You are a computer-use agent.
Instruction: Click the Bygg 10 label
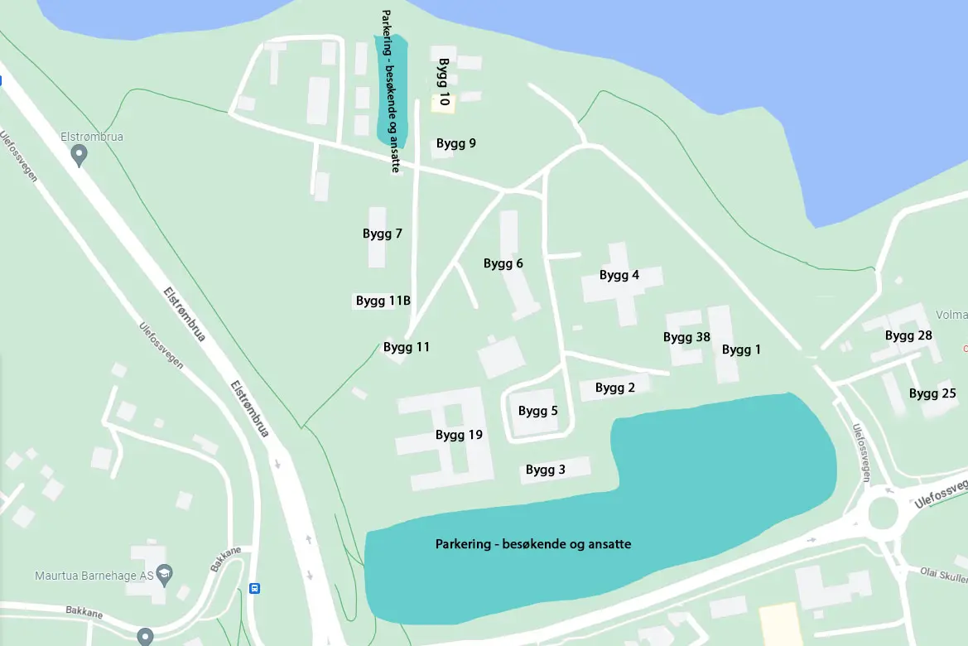pos(444,82)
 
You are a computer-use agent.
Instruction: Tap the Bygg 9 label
pos(456,143)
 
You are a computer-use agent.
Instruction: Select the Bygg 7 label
pos(383,234)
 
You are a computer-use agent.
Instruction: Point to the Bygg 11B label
pos(383,301)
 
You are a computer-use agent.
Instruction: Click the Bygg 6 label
pos(503,263)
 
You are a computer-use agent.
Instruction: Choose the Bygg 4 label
pos(619,275)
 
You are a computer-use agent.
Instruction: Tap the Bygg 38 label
pos(686,337)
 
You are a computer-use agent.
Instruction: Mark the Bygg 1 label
pos(741,350)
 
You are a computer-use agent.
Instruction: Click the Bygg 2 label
pos(615,388)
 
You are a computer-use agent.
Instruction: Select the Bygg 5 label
pos(538,411)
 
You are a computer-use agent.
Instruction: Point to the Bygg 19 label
pos(459,435)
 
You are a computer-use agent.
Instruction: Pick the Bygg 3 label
pos(546,470)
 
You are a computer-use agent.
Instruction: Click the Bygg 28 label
pos(908,335)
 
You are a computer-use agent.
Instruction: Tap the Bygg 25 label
pos(932,393)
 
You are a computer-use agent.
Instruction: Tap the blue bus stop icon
pos(254,589)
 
